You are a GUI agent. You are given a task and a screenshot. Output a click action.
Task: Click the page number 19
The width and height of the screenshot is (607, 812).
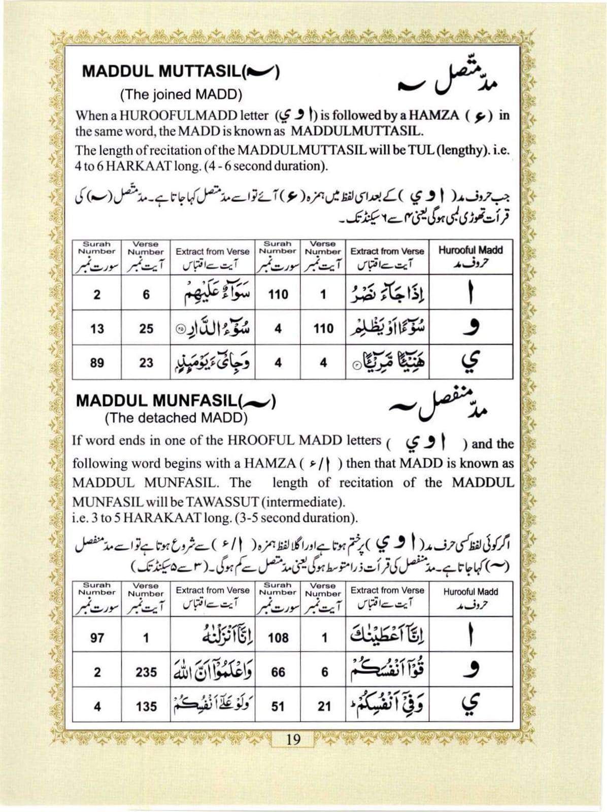click(293, 739)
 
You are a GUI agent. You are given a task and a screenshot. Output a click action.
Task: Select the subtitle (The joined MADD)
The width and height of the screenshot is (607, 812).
click(181, 94)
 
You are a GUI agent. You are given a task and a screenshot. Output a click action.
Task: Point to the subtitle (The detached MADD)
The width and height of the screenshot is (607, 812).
click(176, 418)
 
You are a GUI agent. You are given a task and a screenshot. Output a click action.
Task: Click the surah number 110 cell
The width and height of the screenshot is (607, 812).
click(278, 294)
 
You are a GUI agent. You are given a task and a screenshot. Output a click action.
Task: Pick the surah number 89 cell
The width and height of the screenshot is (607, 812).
click(97, 363)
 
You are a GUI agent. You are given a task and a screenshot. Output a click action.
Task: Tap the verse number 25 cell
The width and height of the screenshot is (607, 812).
click(146, 329)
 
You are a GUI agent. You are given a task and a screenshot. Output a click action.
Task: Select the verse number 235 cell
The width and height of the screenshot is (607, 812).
click(146, 672)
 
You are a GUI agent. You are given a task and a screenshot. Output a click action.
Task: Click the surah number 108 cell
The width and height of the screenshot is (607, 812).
click(278, 637)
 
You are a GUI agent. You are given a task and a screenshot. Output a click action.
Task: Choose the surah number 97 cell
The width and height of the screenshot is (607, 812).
click(97, 637)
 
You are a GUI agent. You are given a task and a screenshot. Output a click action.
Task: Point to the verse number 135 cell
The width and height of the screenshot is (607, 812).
click(146, 706)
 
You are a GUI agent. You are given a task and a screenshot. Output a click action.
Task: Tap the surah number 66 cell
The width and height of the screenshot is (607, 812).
click(278, 672)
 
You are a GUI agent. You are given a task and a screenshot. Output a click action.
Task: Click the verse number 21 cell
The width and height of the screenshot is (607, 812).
click(324, 706)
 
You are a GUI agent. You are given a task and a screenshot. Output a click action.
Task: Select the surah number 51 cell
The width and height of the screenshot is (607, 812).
click(278, 706)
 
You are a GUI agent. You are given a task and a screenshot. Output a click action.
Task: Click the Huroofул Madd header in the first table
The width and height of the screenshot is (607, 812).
click(470, 256)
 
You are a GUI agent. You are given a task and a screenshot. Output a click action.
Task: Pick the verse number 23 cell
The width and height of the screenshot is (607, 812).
click(146, 363)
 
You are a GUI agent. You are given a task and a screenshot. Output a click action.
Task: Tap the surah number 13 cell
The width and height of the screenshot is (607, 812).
click(97, 329)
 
